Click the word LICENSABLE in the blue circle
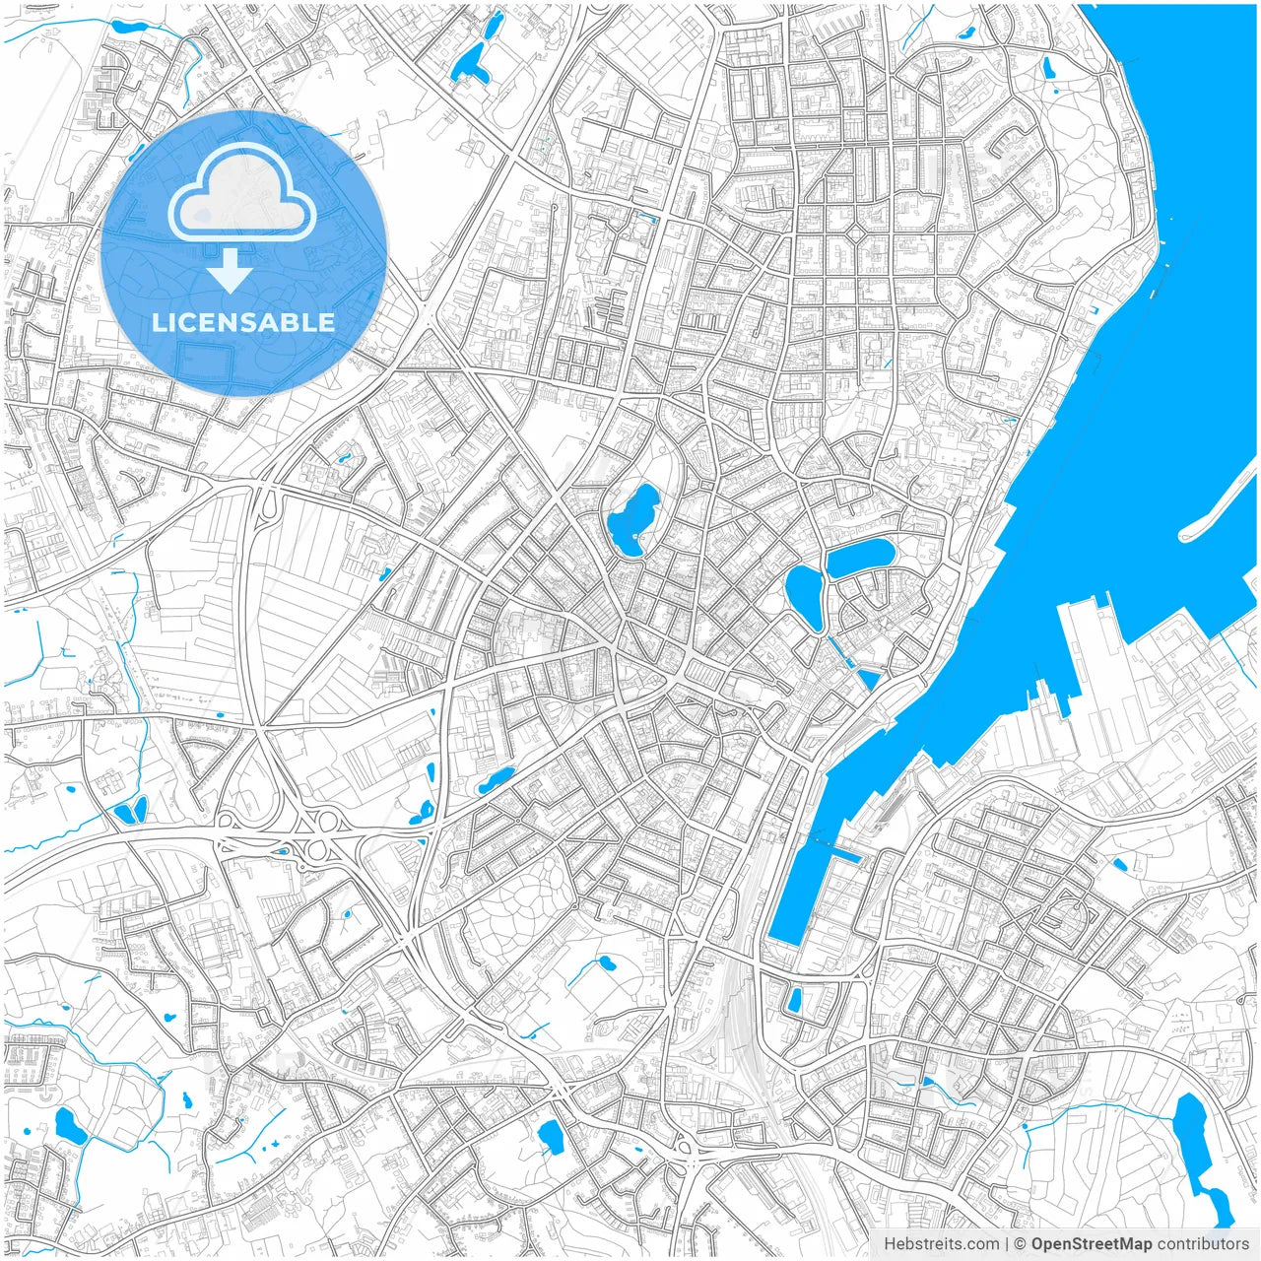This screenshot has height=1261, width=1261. pos(242,322)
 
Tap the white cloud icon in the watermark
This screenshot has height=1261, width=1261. pos(242,193)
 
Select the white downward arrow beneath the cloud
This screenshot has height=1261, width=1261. pos(231,271)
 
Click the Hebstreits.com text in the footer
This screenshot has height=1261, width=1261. pos(941,1244)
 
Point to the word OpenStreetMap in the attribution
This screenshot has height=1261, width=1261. pos(1091,1244)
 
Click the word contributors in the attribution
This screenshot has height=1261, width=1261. pos(1203,1244)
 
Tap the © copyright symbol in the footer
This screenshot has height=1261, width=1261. pos(1021,1244)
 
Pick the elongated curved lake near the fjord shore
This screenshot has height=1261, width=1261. pos(860,557)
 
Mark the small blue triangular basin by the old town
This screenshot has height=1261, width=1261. pos(869,679)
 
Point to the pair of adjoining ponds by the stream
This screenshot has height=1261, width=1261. pos(130,811)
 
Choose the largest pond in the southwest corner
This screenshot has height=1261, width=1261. pos(70,1126)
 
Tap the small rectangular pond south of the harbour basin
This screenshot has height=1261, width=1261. pos(794,999)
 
